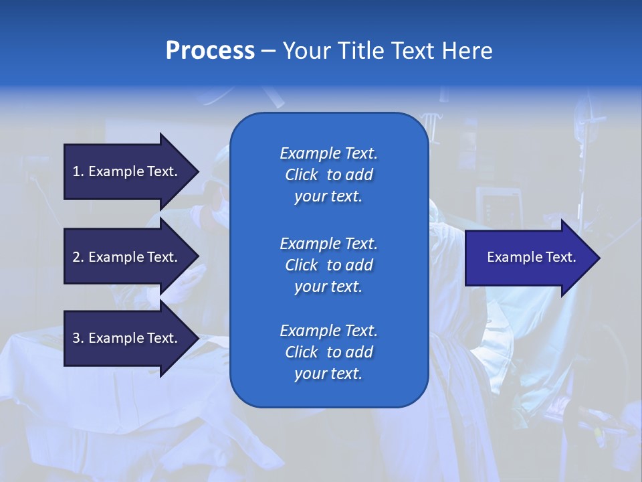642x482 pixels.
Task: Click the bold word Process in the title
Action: pos(210,51)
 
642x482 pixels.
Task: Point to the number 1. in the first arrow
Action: pos(78,171)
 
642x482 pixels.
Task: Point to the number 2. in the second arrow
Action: pos(78,257)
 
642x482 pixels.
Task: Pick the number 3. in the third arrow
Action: pos(78,338)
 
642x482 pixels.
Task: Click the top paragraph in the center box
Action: pos(328,175)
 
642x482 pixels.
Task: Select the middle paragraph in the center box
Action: pos(328,265)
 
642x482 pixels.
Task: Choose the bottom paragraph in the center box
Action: pos(328,352)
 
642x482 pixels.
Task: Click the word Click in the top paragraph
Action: pos(302,175)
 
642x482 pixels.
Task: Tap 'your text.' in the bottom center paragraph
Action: pos(328,374)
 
